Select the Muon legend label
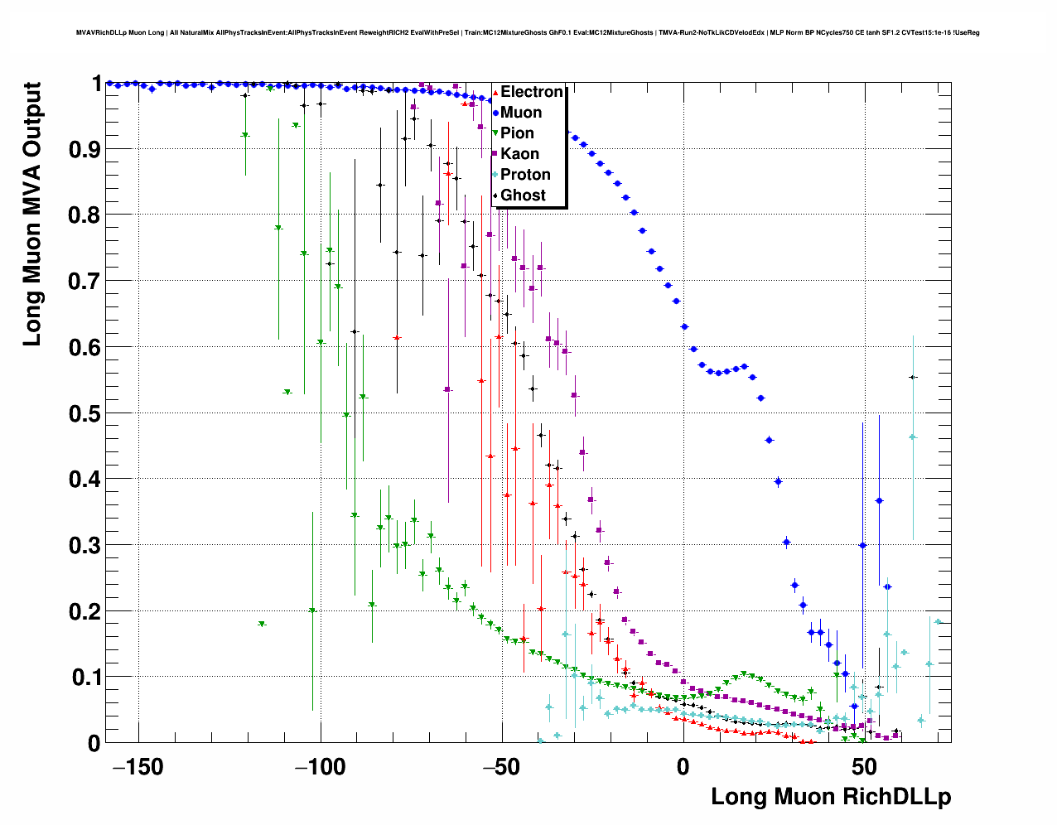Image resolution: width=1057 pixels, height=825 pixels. click(x=521, y=113)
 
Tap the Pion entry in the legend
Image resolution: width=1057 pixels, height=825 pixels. click(x=517, y=133)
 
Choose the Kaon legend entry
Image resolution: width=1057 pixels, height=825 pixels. click(x=519, y=154)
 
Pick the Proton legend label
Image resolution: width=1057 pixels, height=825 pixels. click(x=525, y=175)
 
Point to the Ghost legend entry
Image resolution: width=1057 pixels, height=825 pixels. click(x=523, y=195)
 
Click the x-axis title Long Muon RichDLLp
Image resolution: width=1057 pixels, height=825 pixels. click(x=831, y=797)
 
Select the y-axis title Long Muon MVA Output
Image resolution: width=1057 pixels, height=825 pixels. click(x=31, y=214)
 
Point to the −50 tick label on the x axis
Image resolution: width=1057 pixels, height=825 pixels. click(x=500, y=767)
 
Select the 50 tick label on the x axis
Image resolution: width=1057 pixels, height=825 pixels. click(x=864, y=767)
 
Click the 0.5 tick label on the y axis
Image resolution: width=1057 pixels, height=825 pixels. click(x=85, y=413)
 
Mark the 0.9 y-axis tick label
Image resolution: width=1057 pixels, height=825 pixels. click(x=85, y=149)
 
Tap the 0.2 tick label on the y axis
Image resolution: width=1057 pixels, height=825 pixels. click(x=85, y=611)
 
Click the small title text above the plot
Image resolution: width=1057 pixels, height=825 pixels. click(x=528, y=32)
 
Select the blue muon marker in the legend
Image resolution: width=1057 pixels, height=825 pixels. click(x=495, y=113)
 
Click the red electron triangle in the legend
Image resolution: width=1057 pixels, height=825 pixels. click(x=495, y=92)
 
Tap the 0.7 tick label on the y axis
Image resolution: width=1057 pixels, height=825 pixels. click(x=85, y=282)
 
